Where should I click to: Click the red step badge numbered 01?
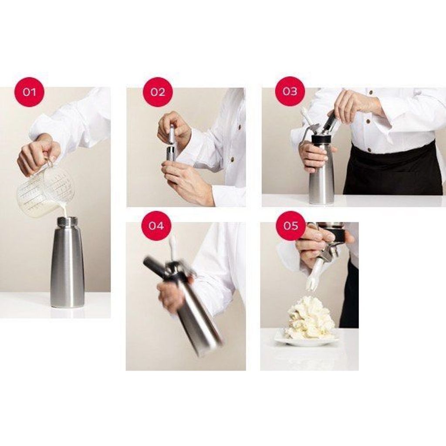30,91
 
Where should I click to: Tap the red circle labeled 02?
158,92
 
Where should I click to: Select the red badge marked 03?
290,91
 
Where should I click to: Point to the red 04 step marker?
156,226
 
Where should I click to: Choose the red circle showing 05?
291,226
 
